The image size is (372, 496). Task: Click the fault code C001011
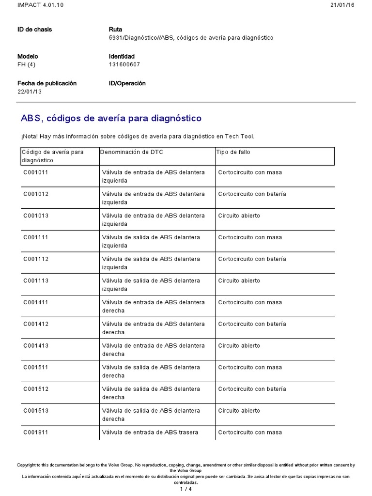click(36, 172)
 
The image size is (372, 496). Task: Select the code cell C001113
click(36, 281)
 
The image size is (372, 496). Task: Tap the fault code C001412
click(36, 324)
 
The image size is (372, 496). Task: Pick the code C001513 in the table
click(36, 411)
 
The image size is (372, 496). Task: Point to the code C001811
click(36, 433)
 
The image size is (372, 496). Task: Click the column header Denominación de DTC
click(132, 152)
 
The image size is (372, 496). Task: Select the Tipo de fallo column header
click(233, 152)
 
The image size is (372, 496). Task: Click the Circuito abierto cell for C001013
click(239, 216)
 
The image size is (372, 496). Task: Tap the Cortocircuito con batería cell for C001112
click(252, 259)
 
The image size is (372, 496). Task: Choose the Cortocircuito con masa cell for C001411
click(250, 302)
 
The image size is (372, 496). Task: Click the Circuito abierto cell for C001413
click(239, 346)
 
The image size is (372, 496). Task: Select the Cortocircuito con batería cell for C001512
click(252, 389)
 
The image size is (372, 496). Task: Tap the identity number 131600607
click(124, 65)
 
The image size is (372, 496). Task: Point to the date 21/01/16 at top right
click(342, 5)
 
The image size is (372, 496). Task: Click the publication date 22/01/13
click(30, 92)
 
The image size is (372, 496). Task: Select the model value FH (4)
click(28, 65)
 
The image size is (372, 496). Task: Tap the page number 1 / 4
click(186, 489)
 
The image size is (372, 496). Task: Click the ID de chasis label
click(34, 30)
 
